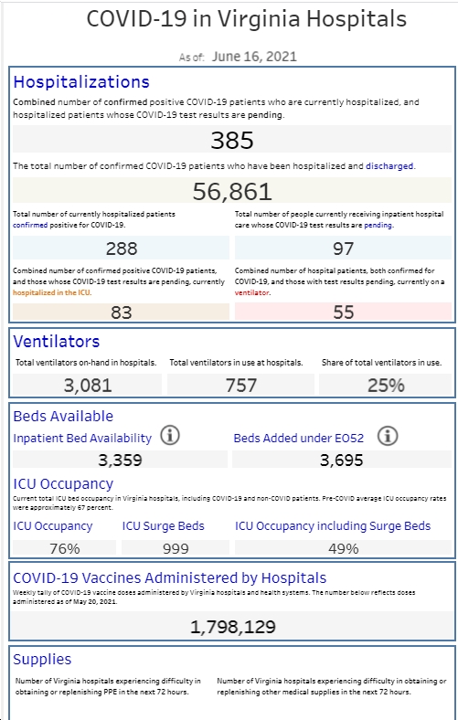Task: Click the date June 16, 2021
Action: pyautogui.click(x=254, y=57)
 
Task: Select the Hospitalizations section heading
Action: pyautogui.click(x=81, y=81)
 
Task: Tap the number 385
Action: pyautogui.click(x=232, y=140)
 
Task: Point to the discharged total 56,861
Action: pyautogui.click(x=232, y=191)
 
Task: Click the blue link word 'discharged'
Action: pyautogui.click(x=389, y=165)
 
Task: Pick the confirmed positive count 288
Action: pyautogui.click(x=122, y=249)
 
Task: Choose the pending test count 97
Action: pyautogui.click(x=343, y=249)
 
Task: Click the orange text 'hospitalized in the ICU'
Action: pyautogui.click(x=51, y=292)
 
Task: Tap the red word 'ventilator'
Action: pyautogui.click(x=252, y=292)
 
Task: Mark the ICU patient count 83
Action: pyautogui.click(x=122, y=312)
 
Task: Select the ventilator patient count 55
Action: pyautogui.click(x=343, y=312)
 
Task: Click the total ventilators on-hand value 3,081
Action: pyautogui.click(x=87, y=386)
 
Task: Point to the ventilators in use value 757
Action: pyautogui.click(x=240, y=386)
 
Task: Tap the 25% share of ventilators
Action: pyautogui.click(x=386, y=386)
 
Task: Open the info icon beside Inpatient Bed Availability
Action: pyautogui.click(x=170, y=435)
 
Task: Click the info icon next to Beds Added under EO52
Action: pyautogui.click(x=388, y=435)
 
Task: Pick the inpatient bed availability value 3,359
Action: pyautogui.click(x=120, y=460)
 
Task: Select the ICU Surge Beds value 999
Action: pyautogui.click(x=176, y=548)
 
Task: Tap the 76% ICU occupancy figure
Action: pyautogui.click(x=64, y=548)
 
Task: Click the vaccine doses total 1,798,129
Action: pyautogui.click(x=232, y=627)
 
